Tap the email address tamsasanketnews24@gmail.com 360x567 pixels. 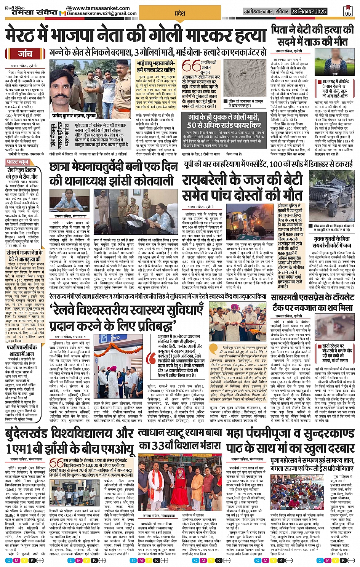pyautogui.click(x=102, y=14)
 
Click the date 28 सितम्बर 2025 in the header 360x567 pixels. pyautogui.click(x=309, y=12)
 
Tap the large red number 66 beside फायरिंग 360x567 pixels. pyautogui.click(x=191, y=66)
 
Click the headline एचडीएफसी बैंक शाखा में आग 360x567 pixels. pyautogui.click(x=22, y=351)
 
